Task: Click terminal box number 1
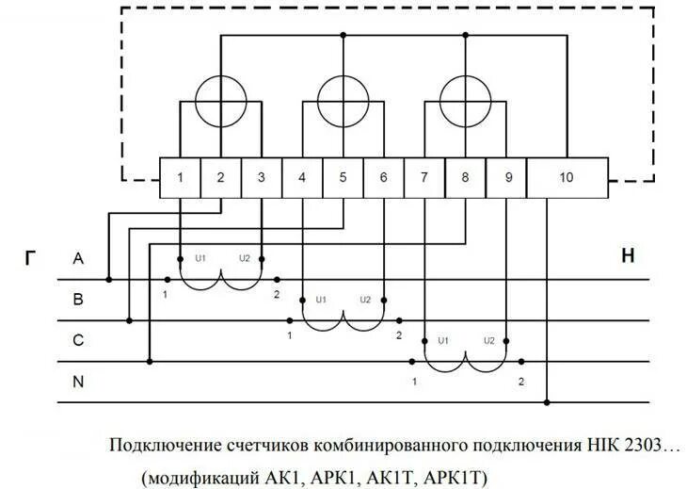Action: click(180, 177)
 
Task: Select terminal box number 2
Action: click(220, 177)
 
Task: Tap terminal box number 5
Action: click(343, 177)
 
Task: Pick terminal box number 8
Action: click(465, 177)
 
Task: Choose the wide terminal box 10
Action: click(567, 177)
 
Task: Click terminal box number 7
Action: click(424, 177)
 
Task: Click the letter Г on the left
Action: click(31, 256)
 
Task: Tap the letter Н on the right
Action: click(627, 256)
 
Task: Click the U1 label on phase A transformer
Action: click(200, 258)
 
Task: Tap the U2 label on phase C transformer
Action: click(488, 340)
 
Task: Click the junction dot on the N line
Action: click(548, 402)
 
